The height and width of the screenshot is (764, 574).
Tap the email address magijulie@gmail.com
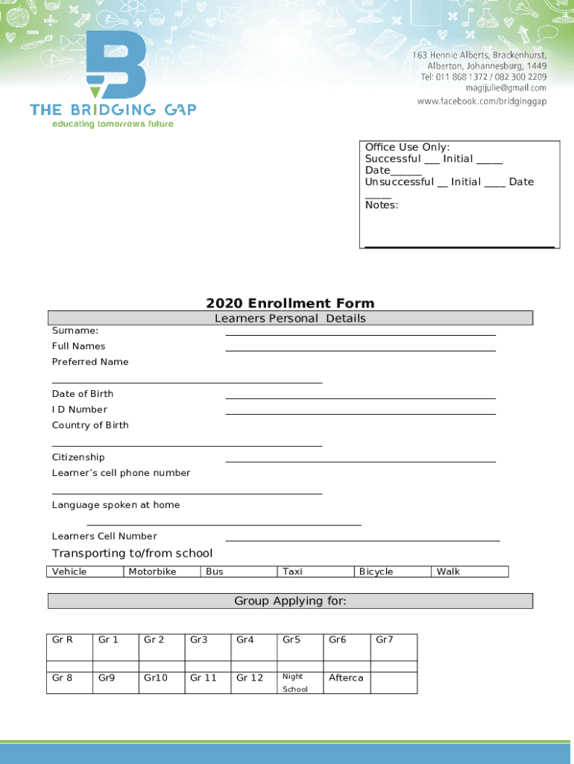(x=506, y=88)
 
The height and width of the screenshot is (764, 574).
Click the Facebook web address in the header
(x=482, y=101)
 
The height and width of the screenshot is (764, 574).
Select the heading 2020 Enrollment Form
(x=290, y=303)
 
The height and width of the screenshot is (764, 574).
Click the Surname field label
(x=75, y=330)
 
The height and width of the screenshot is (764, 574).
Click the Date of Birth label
(x=83, y=393)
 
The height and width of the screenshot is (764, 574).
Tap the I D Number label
(x=80, y=409)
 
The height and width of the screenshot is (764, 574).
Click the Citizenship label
(x=78, y=457)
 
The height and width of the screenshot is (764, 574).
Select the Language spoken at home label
(x=116, y=504)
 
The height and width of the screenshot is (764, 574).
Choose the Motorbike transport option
(x=152, y=572)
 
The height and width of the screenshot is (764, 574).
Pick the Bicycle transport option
(x=376, y=572)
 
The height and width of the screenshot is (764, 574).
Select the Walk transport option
(x=448, y=572)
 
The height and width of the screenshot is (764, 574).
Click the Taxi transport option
(x=292, y=572)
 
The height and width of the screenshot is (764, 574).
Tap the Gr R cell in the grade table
(x=63, y=639)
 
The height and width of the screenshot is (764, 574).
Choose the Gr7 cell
(x=385, y=639)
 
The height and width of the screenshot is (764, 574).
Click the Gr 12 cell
(x=250, y=677)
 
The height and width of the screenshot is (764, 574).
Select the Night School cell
(x=294, y=683)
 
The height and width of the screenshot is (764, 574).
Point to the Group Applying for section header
(x=290, y=601)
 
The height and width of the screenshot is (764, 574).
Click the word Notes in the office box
(x=381, y=204)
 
